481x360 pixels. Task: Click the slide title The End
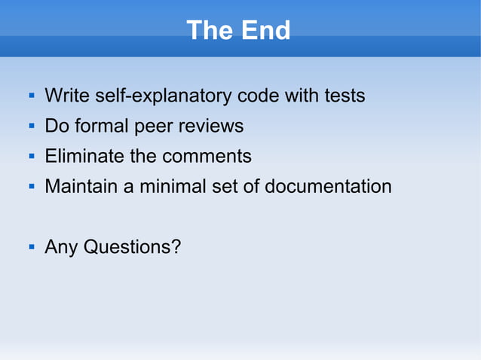tap(238, 31)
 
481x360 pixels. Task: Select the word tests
tap(345, 96)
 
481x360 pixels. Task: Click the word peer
tap(154, 127)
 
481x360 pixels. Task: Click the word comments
tap(207, 157)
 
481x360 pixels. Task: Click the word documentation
tap(328, 187)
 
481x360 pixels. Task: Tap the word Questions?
tap(132, 247)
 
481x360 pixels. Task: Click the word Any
tap(61, 247)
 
